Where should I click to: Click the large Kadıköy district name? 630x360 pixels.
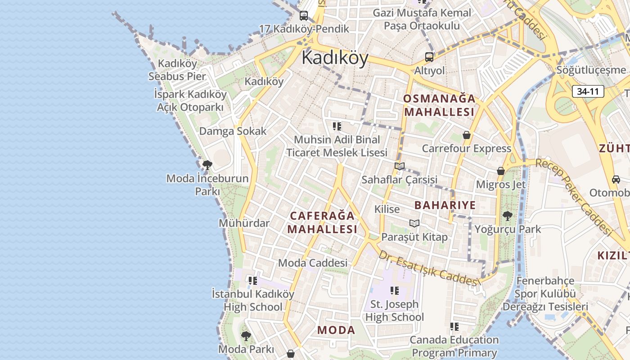(335, 58)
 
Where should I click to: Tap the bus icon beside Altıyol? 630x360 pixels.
(429, 57)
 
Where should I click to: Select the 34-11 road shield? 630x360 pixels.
(588, 91)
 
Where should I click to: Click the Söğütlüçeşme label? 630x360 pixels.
(591, 70)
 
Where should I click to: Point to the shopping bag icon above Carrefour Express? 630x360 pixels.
(467, 135)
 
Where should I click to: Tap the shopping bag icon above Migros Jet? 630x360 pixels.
(500, 171)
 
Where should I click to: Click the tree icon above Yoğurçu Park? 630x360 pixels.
(508, 216)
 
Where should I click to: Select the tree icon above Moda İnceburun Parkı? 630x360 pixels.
(207, 165)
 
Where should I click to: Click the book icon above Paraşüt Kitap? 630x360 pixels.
(414, 223)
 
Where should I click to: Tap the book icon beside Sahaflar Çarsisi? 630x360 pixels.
(400, 166)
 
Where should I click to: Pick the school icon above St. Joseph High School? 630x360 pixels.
(395, 291)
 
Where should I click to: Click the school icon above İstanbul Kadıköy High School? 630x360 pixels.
(253, 281)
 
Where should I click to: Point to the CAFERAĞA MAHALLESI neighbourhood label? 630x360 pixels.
(322, 222)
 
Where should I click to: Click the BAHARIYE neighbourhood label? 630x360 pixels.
(445, 205)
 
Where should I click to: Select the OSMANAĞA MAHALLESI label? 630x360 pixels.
(439, 105)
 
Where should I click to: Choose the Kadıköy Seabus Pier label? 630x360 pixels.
(177, 70)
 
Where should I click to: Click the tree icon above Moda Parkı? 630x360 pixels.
(246, 336)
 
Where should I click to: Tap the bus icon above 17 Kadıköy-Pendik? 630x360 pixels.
(304, 16)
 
